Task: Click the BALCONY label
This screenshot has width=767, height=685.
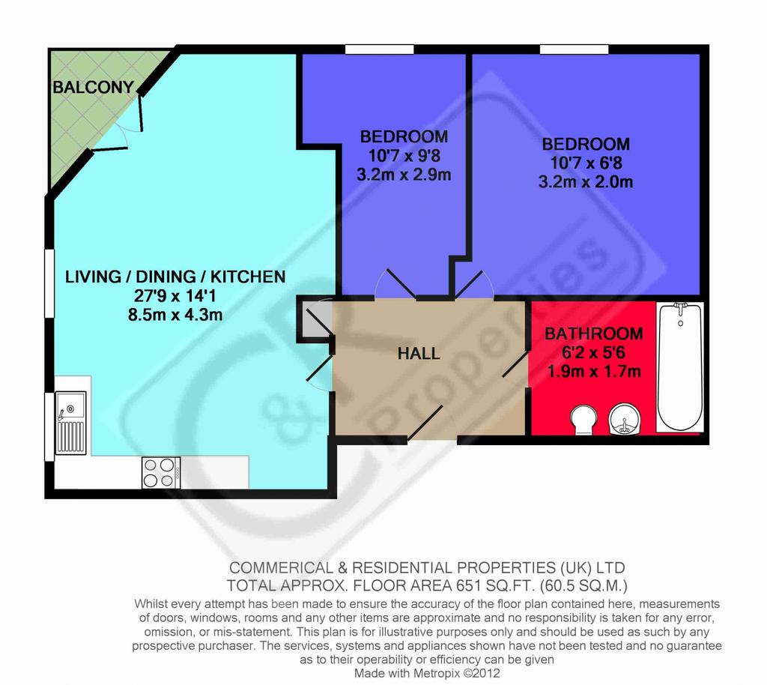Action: pyautogui.click(x=93, y=87)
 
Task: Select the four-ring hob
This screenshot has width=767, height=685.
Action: pyautogui.click(x=161, y=473)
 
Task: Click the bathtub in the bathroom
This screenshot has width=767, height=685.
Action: pyautogui.click(x=680, y=367)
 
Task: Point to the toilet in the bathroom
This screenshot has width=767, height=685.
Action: pyautogui.click(x=583, y=420)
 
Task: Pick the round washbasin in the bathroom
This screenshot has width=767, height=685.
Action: pyautogui.click(x=623, y=418)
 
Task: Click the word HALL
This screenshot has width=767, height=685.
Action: pyautogui.click(x=419, y=353)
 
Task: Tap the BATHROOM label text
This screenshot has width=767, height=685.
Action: pyautogui.click(x=594, y=334)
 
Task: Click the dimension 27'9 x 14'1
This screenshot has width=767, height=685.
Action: pyautogui.click(x=175, y=295)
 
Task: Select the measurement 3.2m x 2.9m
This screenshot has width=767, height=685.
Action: pyautogui.click(x=404, y=175)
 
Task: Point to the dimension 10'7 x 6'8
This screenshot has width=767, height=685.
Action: pyautogui.click(x=586, y=163)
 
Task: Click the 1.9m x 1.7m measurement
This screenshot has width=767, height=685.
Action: pyautogui.click(x=594, y=372)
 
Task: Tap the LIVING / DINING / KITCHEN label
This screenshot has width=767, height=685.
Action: pyautogui.click(x=175, y=277)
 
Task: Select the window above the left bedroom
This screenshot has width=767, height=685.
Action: pyautogui.click(x=380, y=49)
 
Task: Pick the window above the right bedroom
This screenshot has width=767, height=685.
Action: pyautogui.click(x=575, y=49)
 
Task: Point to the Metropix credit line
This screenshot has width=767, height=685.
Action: pyautogui.click(x=427, y=673)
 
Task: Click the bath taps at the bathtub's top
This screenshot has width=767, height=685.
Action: pyautogui.click(x=680, y=307)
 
